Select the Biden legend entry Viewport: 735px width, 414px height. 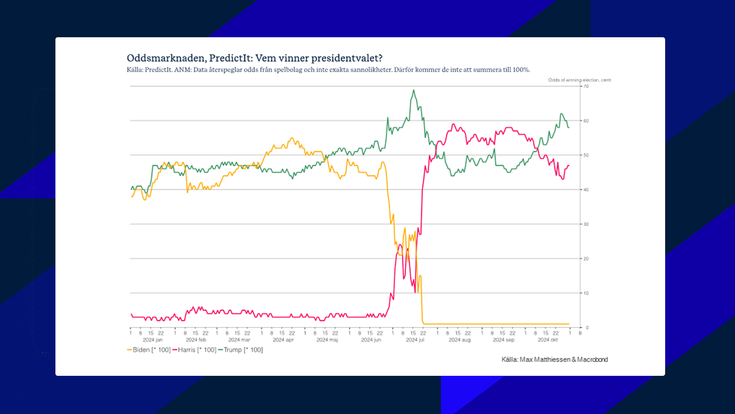(149, 350)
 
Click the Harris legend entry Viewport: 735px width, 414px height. (194, 350)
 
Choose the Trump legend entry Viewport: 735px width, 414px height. (241, 350)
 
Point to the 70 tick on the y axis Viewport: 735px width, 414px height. (586, 87)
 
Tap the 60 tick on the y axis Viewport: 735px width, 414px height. (586, 121)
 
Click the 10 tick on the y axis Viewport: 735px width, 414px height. (586, 293)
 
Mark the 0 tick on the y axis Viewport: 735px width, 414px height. (587, 327)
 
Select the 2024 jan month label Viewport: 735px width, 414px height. (153, 340)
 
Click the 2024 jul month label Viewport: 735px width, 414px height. (415, 340)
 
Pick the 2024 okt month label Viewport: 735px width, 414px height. (548, 340)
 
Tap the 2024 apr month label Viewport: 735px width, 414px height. (283, 340)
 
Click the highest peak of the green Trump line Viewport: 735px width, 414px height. (414, 90)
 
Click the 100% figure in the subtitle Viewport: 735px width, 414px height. (521, 70)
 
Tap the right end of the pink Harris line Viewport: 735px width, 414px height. (569, 166)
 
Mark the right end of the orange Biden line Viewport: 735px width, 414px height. (569, 324)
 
